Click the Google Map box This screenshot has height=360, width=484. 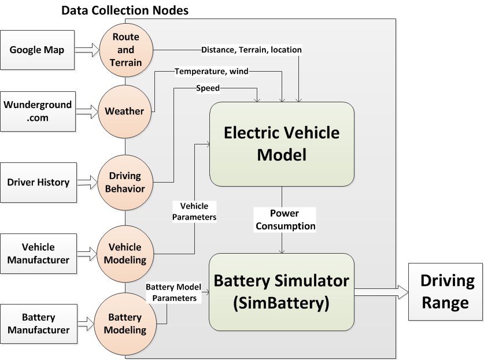click(x=38, y=50)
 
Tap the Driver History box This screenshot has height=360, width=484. click(x=39, y=183)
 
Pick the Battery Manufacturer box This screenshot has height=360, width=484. click(x=39, y=324)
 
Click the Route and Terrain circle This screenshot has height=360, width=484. click(x=126, y=50)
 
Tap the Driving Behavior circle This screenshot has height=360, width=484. click(x=126, y=181)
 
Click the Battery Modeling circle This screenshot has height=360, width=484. click(x=125, y=324)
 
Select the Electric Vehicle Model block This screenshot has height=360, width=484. click(x=282, y=144)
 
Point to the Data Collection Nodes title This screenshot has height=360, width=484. click(x=124, y=10)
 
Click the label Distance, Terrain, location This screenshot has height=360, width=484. click(x=252, y=50)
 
